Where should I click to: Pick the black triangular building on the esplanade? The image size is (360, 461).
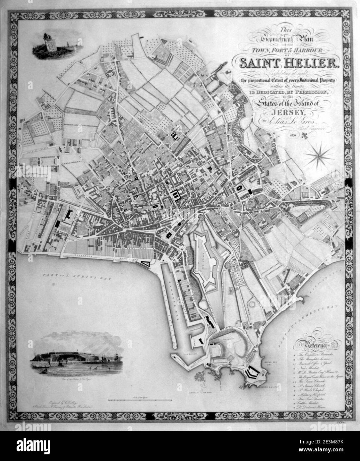click(145, 263)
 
